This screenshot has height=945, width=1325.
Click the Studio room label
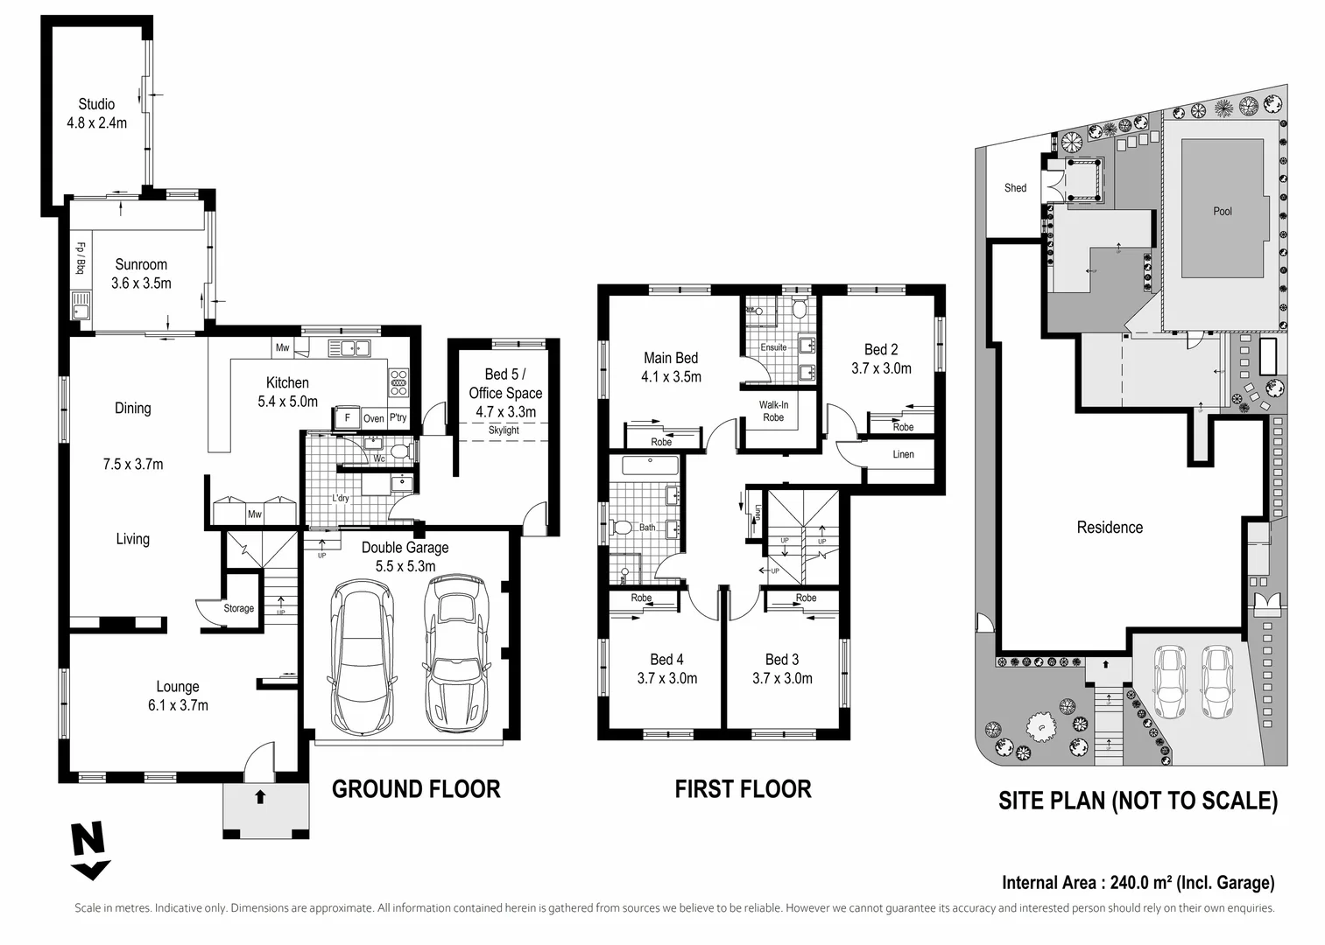[x=96, y=105]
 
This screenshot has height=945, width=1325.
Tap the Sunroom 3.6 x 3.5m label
[x=141, y=274]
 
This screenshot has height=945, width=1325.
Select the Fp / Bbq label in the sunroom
[x=81, y=258]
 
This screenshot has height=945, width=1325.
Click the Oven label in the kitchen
[x=374, y=418]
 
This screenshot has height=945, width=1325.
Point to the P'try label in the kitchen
[x=398, y=417]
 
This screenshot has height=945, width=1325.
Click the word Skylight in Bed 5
[x=504, y=430]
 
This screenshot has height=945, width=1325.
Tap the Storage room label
[x=239, y=608]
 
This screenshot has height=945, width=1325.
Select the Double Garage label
[x=405, y=548]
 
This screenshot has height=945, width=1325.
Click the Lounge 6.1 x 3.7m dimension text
[x=178, y=705]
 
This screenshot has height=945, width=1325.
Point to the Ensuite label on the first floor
[x=773, y=347]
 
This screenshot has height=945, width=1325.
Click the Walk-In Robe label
[x=773, y=410]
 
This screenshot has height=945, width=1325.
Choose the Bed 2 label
[x=881, y=349]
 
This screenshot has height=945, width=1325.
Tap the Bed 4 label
[x=667, y=659]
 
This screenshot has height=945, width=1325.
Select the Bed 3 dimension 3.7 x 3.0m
[x=783, y=678]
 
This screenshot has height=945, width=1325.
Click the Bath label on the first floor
[x=647, y=527]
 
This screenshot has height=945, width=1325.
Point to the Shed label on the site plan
[x=1016, y=188]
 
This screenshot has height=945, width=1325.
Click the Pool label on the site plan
[x=1223, y=211]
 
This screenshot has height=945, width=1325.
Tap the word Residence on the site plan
[x=1110, y=527]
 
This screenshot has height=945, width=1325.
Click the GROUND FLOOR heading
[x=417, y=789]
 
